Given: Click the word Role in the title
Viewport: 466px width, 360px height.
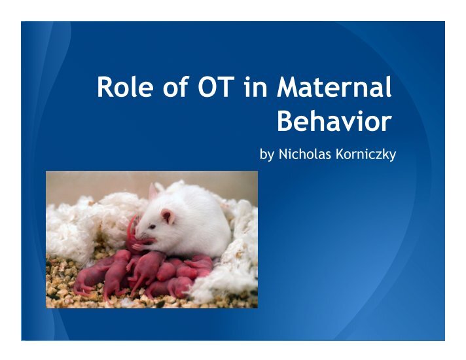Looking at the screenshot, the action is tap(125, 87).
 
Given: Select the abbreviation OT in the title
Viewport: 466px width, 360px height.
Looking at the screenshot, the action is tap(215, 87).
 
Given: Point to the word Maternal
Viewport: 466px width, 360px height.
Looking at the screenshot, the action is tap(334, 86).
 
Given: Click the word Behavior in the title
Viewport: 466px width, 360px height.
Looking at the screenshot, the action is tap(334, 120).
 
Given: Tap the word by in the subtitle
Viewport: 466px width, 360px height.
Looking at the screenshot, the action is tap(266, 154).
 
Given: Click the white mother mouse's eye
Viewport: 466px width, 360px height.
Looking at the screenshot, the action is tap(152, 227).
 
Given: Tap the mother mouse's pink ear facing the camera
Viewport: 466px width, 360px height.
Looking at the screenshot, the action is tap(168, 216).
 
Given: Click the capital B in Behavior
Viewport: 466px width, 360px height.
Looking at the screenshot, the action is tap(285, 120).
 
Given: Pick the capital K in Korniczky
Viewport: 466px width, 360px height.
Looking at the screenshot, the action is tap(340, 154).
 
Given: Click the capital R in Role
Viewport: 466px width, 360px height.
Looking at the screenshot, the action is tap(105, 87).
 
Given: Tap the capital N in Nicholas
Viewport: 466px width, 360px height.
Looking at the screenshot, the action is tap(283, 154).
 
